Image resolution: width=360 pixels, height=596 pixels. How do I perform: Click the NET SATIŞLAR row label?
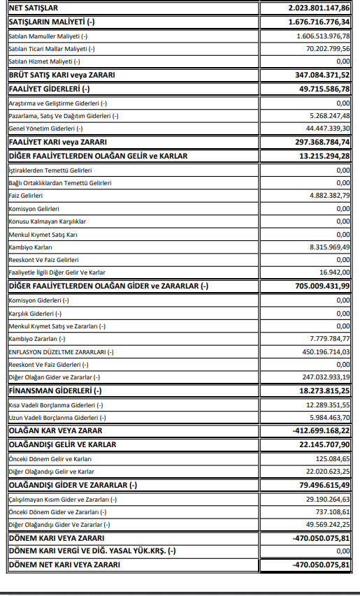click(34, 8)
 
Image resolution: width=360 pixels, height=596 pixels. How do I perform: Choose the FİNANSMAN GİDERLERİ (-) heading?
click(55, 391)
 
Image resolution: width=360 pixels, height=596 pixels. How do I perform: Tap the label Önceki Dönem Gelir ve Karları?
click(51, 458)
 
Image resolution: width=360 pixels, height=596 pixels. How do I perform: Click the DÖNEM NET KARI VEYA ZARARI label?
click(64, 565)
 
